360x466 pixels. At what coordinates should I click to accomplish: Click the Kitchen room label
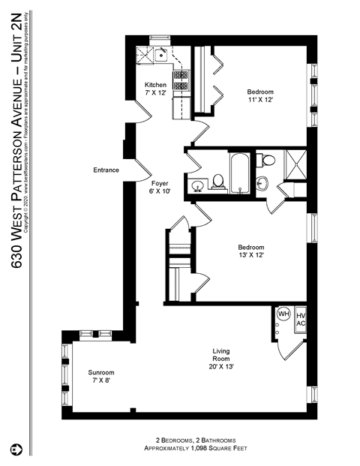pos(155,84)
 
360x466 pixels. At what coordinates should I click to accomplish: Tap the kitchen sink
pos(160,54)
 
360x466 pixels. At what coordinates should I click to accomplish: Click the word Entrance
pos(106,170)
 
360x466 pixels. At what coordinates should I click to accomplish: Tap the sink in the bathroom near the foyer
pos(199,185)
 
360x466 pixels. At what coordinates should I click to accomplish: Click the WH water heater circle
pos(284,314)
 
